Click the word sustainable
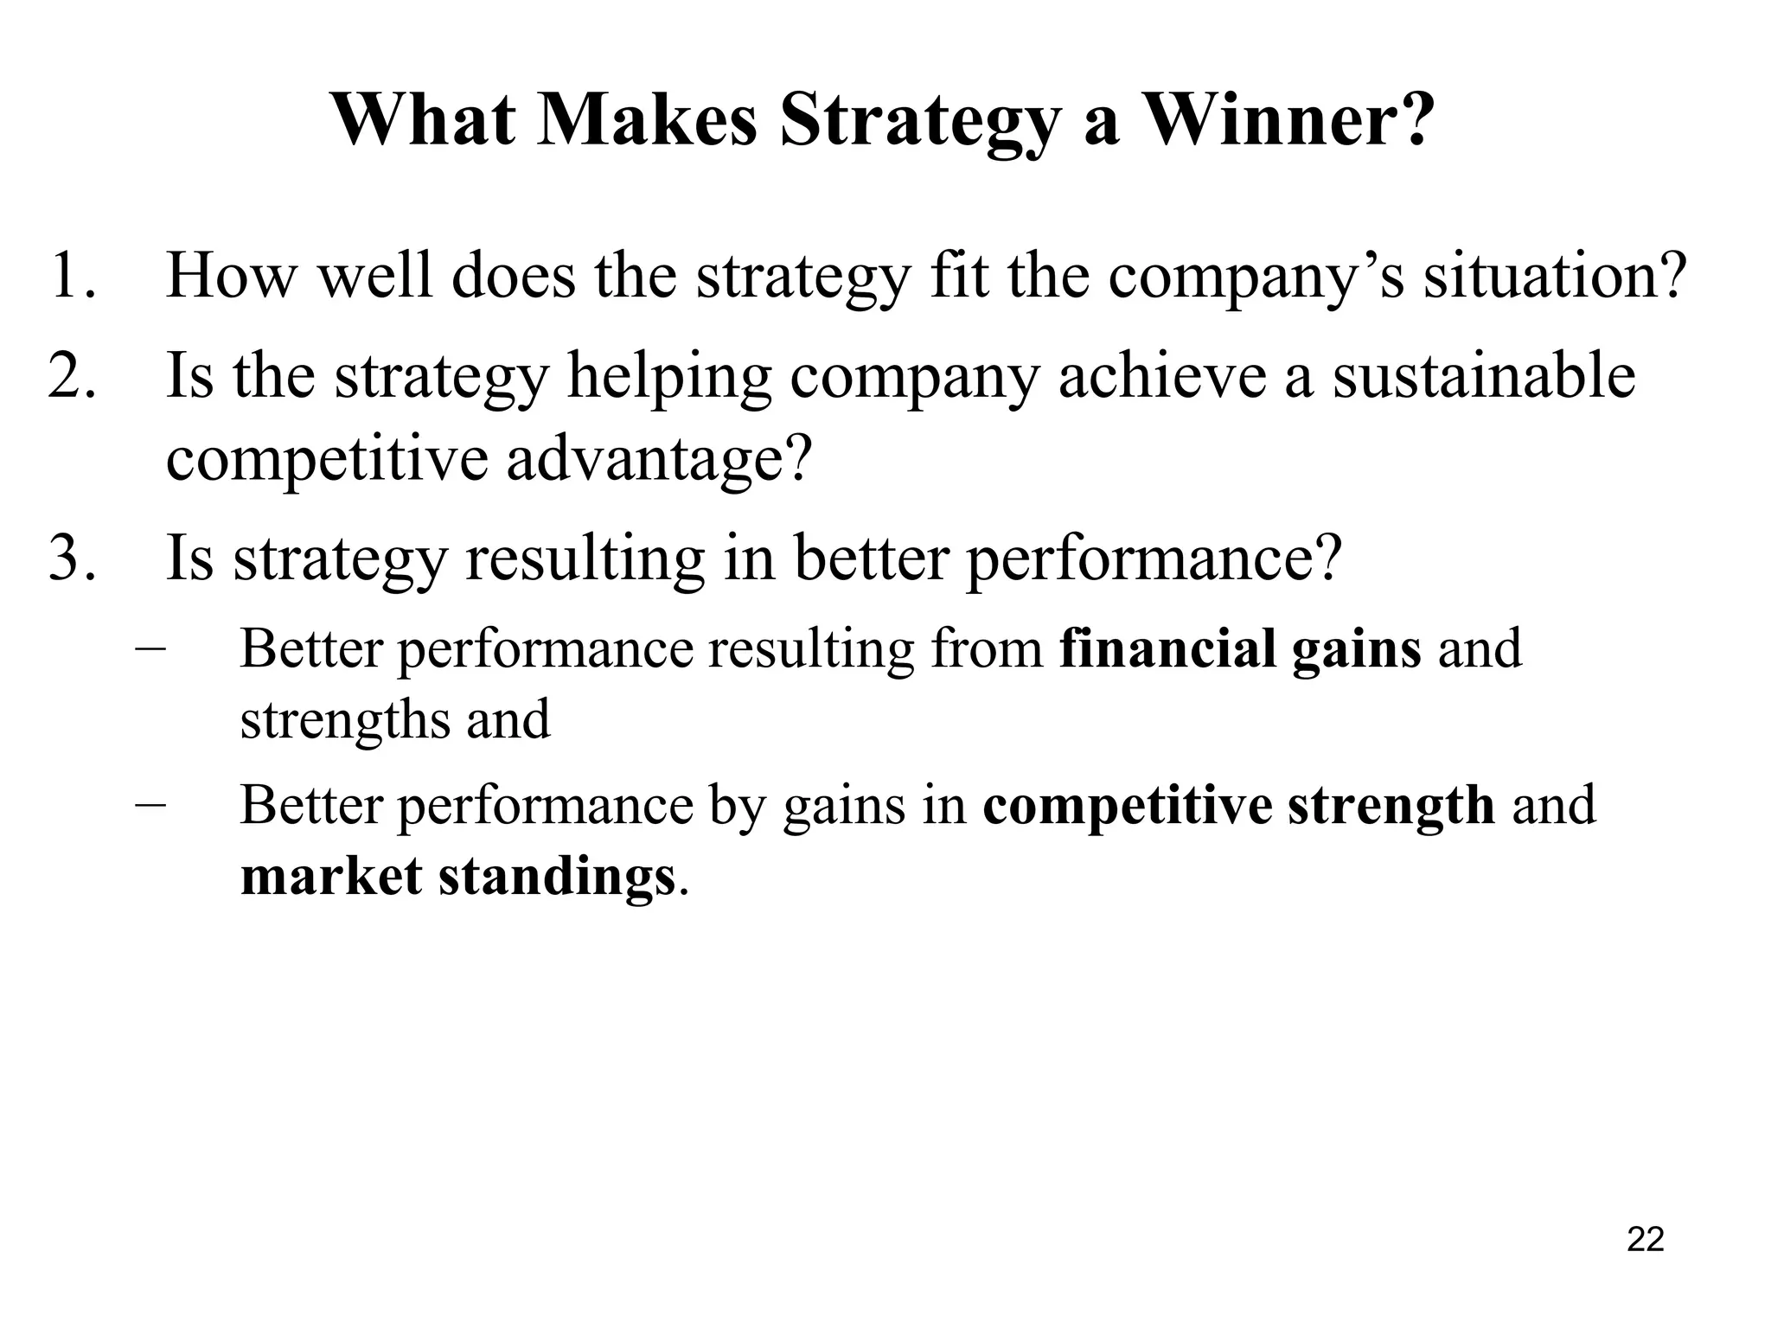click(1483, 376)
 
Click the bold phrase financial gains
click(1240, 648)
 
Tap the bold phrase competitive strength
click(1238, 806)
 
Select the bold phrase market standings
click(457, 877)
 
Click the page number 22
click(1645, 1239)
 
